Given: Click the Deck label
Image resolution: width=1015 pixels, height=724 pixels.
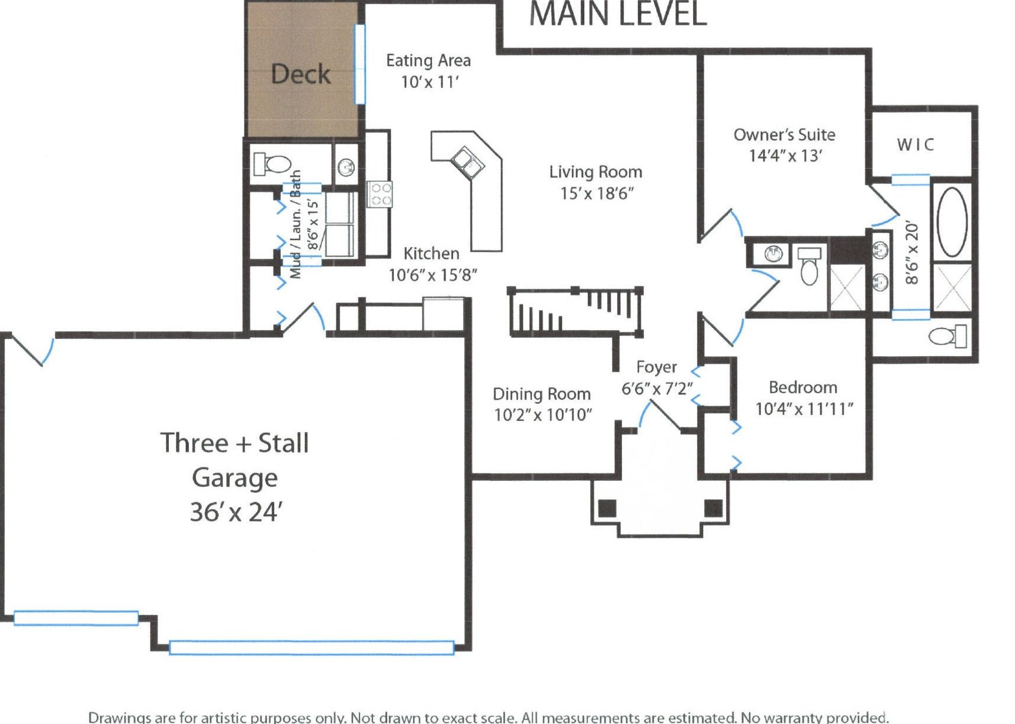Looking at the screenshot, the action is pos(301,74).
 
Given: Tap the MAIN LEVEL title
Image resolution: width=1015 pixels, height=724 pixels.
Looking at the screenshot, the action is pos(618,14).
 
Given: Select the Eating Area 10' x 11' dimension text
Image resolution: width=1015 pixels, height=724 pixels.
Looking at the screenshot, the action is pos(430,82).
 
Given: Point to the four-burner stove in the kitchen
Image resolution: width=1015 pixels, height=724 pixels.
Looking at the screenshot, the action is pos(380,194).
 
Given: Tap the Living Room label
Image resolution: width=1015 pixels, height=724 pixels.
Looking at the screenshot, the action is pos(595,172).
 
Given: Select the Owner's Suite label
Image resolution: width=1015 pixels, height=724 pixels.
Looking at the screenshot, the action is pos(784,135).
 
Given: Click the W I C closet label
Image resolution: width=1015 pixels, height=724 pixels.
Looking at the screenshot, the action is pos(916,145).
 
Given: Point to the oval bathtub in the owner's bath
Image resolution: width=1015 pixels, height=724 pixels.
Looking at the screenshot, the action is pos(951,221).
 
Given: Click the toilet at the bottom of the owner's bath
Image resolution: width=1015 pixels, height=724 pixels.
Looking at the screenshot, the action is pos(948,336).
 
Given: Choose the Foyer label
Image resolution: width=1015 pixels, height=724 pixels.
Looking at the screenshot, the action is pos(657,367).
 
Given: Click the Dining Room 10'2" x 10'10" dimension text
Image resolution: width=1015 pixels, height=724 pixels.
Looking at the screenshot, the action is pos(543,415).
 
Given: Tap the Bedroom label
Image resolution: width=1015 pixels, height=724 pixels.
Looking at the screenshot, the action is pos(803,387).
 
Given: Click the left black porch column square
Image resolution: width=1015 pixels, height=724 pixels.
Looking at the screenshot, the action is pos(607,508).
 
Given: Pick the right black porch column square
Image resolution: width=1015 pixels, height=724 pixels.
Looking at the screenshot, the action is pos(714,508).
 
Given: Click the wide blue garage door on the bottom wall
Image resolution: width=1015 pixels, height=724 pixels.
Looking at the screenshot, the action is pos(311,647).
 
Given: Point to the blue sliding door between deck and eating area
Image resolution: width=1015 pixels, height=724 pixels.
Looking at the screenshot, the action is pos(360,64).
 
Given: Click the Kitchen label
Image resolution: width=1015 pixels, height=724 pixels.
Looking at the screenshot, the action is pos(431,254).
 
